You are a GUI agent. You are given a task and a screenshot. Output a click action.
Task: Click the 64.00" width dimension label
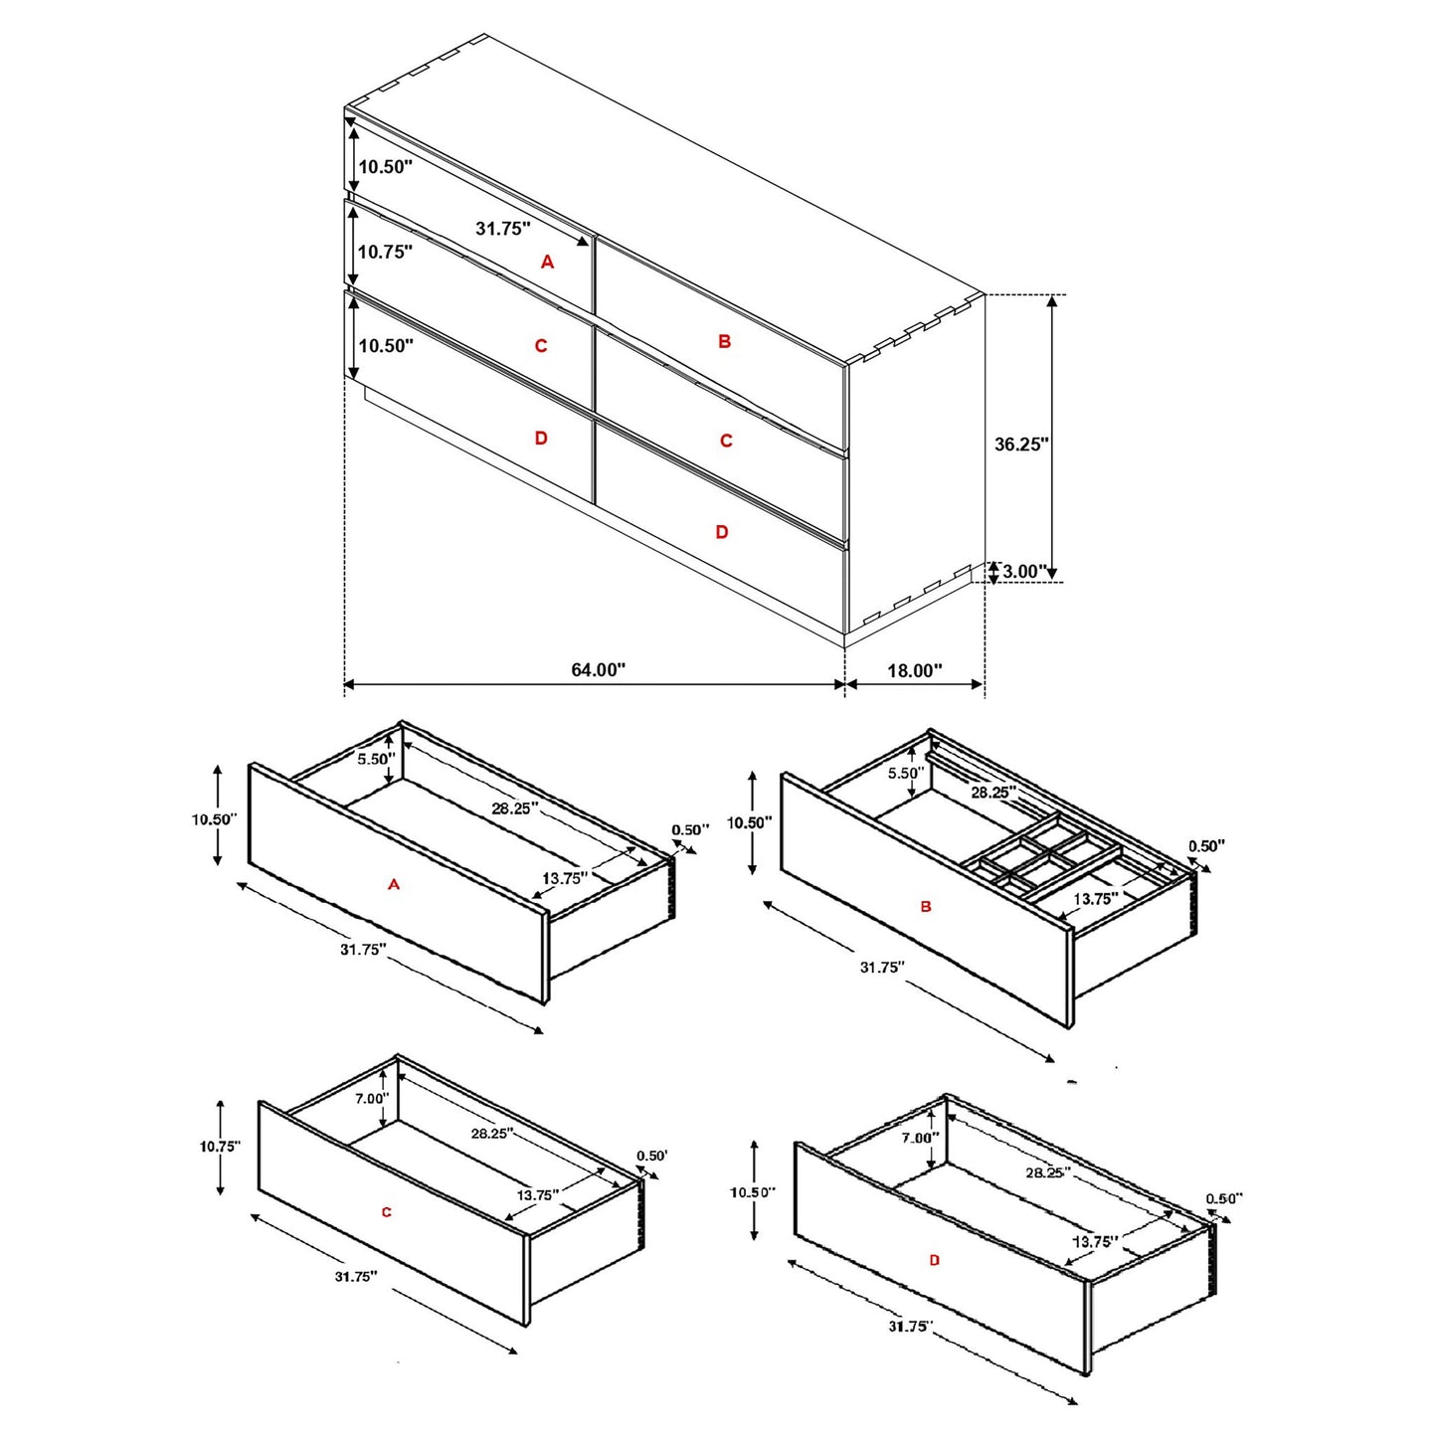click(x=598, y=669)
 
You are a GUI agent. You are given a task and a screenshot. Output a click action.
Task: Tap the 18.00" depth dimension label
click(x=914, y=670)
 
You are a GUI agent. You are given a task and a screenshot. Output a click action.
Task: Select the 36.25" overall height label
click(x=1021, y=444)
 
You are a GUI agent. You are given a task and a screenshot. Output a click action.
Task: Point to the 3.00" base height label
click(x=1024, y=571)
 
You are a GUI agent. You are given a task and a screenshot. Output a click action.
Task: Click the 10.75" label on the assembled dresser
click(x=385, y=252)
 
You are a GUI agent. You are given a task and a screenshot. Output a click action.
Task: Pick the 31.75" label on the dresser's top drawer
click(x=502, y=228)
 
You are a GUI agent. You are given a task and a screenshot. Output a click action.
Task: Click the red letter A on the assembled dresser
click(x=547, y=262)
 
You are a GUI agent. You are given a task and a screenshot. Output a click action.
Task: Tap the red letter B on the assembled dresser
click(x=724, y=341)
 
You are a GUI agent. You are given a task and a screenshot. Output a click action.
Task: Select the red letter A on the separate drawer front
click(x=394, y=883)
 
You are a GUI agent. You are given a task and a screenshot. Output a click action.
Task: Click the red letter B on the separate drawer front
click(x=926, y=906)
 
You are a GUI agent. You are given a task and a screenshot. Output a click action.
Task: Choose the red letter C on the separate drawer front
click(x=387, y=1211)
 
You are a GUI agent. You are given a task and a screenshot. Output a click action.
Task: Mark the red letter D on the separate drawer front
click(x=934, y=1260)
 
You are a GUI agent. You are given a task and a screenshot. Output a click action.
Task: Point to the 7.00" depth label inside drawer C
click(x=371, y=1098)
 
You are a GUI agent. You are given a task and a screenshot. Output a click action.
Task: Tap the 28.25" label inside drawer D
click(x=1046, y=1172)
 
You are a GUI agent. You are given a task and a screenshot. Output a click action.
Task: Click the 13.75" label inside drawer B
click(x=1095, y=898)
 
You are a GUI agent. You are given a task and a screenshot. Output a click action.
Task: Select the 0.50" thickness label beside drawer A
click(x=690, y=829)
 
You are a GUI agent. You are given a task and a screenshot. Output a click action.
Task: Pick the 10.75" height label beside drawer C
click(x=220, y=1146)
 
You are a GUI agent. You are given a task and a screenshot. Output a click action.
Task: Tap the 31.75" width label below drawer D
click(x=910, y=1326)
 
